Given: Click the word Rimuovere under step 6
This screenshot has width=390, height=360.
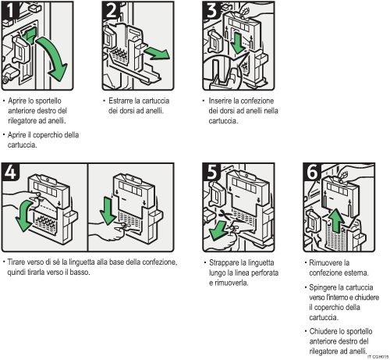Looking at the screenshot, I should pos(326,263).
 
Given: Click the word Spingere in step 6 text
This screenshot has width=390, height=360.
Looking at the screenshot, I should pos(325,288).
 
